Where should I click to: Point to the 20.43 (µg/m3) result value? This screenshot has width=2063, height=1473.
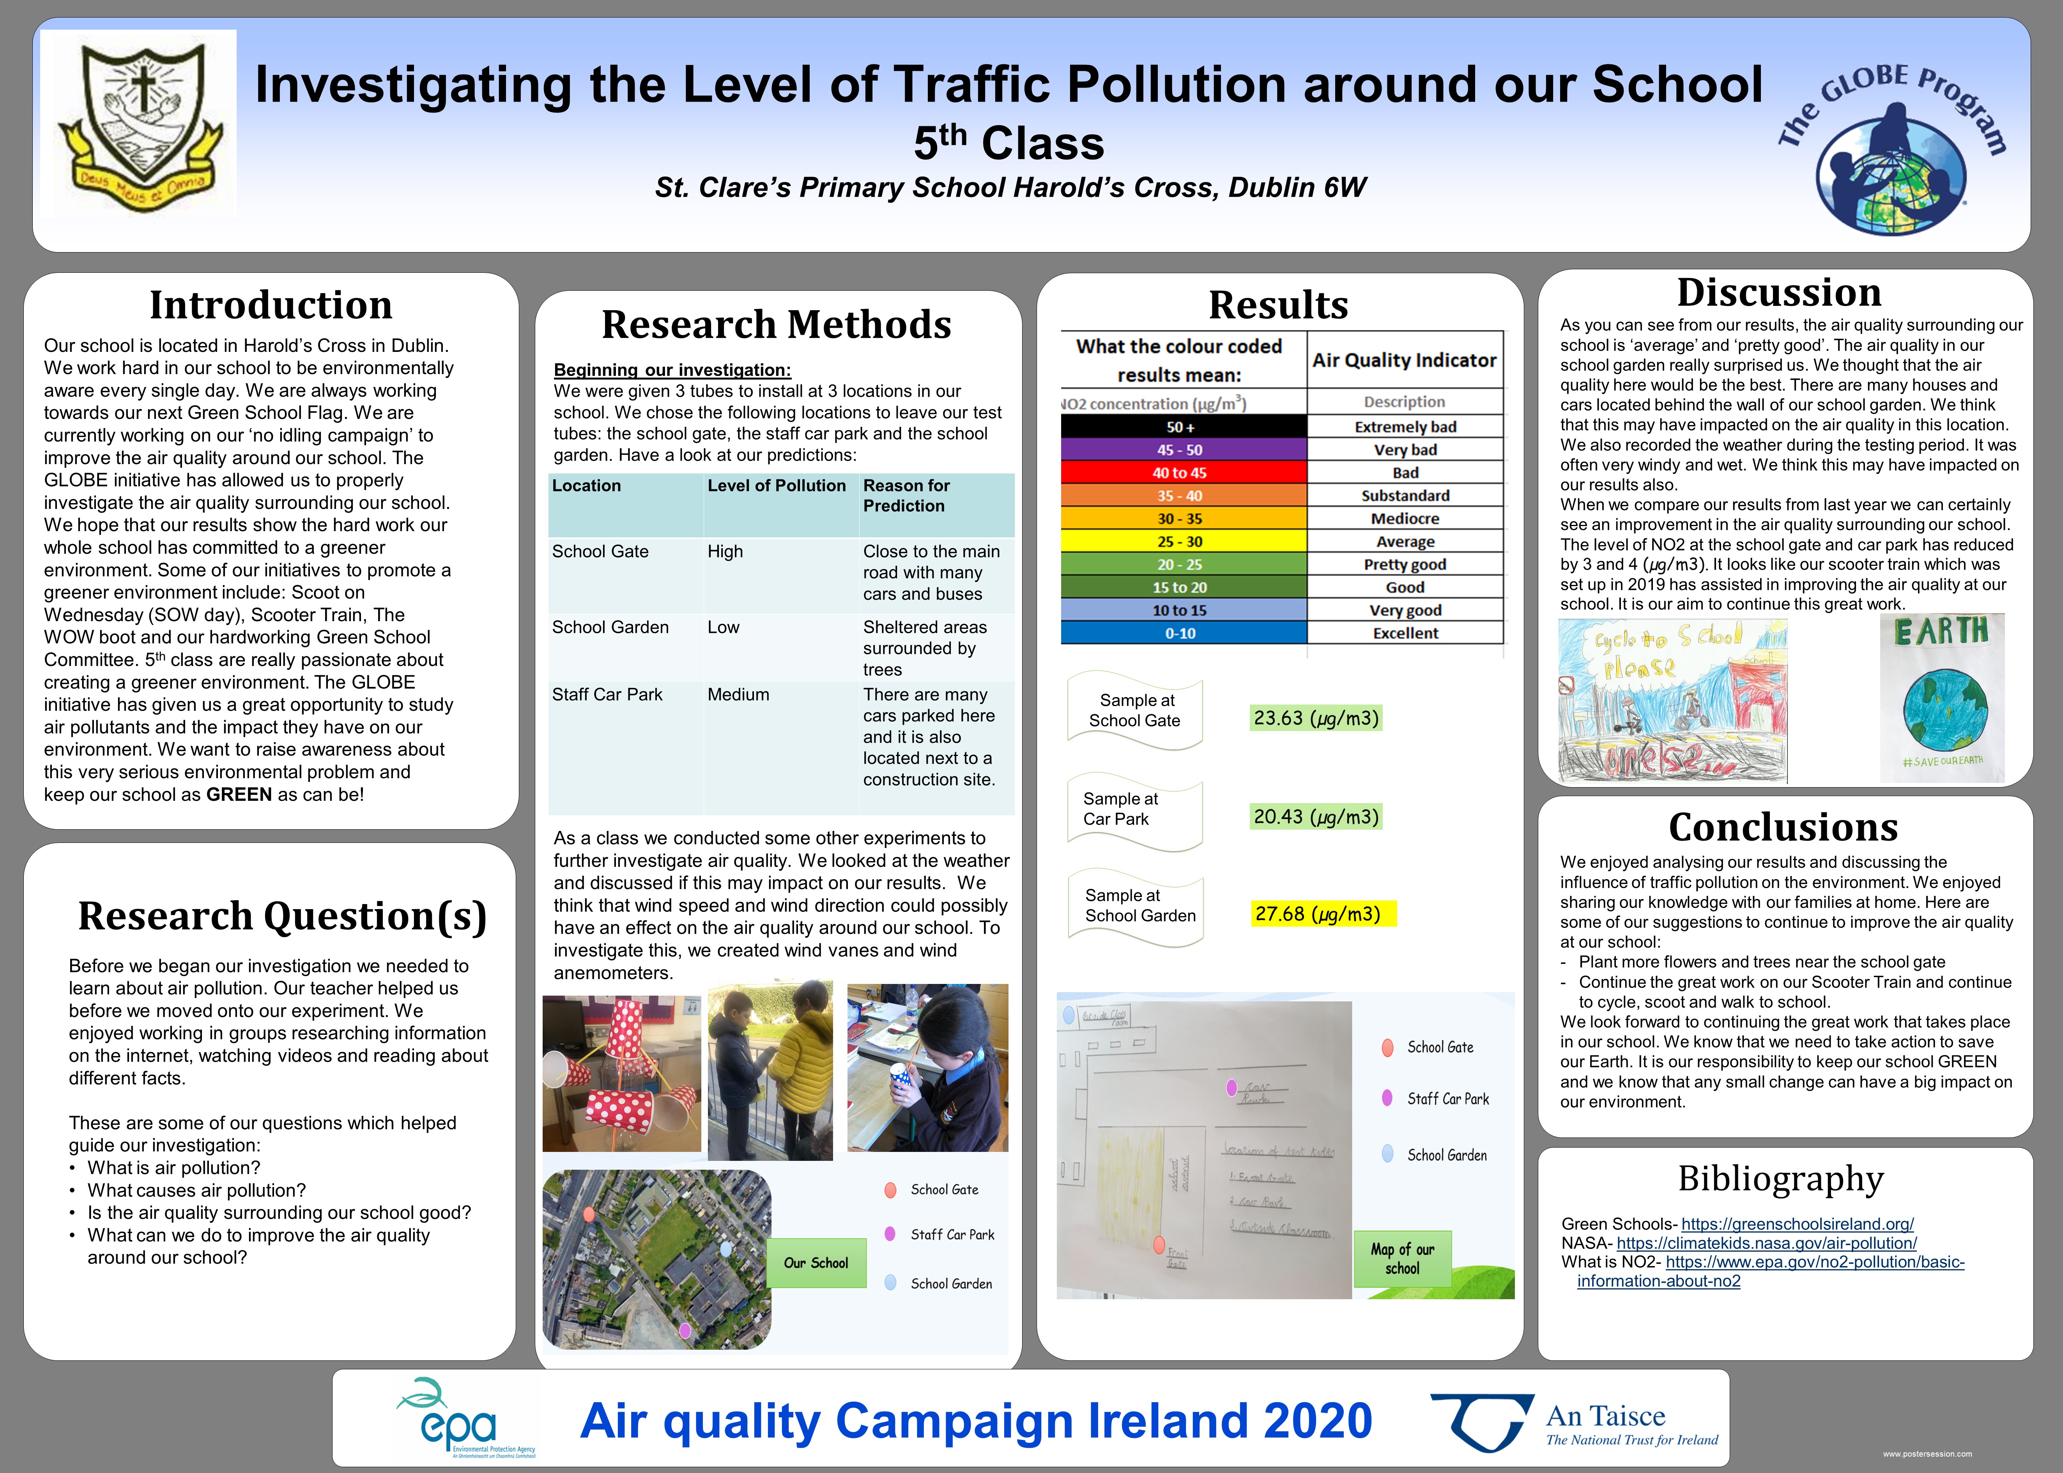[x=1315, y=816]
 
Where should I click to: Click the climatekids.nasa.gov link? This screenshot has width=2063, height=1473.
[x=1766, y=1243]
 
